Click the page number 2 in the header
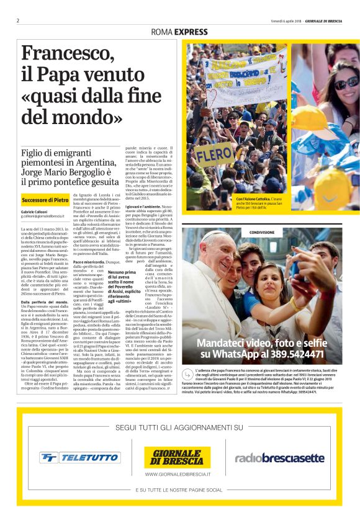[19, 20]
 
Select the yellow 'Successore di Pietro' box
[45, 200]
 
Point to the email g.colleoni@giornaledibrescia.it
[43, 217]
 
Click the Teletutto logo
[79, 458]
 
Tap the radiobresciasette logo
[279, 458]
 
